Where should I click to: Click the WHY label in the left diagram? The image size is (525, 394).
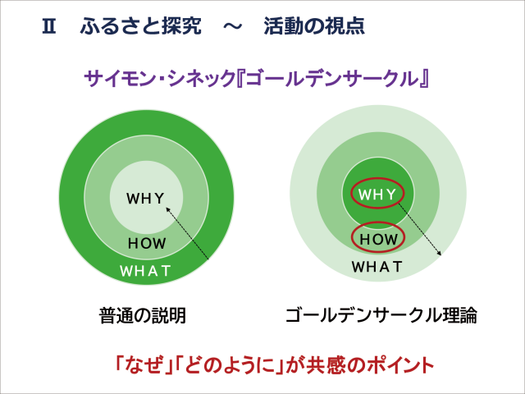pyautogui.click(x=145, y=198)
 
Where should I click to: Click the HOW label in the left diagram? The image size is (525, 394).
pyautogui.click(x=147, y=244)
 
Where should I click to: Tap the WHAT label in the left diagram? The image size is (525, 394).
pyautogui.click(x=145, y=270)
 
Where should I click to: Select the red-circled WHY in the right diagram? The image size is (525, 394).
pyautogui.click(x=378, y=195)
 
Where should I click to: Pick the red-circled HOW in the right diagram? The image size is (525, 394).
pyautogui.click(x=378, y=239)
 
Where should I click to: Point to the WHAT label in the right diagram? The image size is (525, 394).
pyautogui.click(x=377, y=267)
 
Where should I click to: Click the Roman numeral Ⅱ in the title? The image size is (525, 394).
pyautogui.click(x=48, y=25)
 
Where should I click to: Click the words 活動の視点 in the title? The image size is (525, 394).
pyautogui.click(x=314, y=25)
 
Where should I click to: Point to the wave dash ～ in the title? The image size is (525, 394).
pyautogui.click(x=233, y=25)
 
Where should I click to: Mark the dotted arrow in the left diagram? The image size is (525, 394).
pyautogui.click(x=189, y=233)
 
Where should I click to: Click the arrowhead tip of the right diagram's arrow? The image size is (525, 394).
pyautogui.click(x=441, y=256)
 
